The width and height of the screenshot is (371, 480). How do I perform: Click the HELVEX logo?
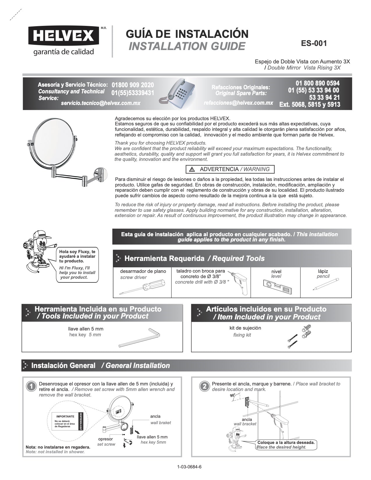64,36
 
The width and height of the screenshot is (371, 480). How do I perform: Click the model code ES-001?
314,43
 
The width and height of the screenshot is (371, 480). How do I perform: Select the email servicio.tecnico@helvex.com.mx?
101,103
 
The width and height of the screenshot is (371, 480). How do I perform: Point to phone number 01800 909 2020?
133,85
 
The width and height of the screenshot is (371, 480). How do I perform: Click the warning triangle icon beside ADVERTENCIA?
192,169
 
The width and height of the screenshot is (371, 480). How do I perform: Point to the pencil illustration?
325,285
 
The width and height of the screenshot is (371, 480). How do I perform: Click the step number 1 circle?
31,387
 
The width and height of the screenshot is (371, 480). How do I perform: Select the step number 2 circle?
204,387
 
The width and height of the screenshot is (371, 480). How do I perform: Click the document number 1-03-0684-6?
189,467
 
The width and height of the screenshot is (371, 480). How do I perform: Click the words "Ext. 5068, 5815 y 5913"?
310,104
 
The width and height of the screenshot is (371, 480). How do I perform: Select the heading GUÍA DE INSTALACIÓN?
187,34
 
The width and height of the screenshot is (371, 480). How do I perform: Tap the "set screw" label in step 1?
106,444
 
